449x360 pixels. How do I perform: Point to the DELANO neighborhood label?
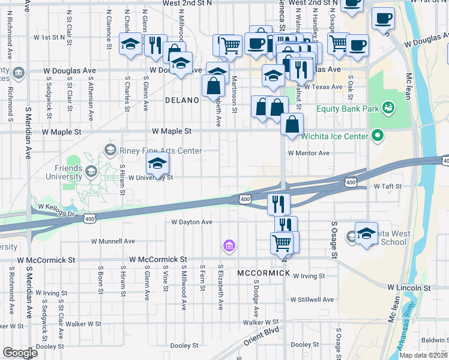182,100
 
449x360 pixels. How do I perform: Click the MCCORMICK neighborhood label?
264,273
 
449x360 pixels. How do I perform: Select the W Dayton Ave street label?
192,222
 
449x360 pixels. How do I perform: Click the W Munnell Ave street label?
113,241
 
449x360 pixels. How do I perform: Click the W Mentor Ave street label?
309,153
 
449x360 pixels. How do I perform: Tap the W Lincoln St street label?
409,288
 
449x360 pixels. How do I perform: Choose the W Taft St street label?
387,187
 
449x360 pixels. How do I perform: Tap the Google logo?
20,353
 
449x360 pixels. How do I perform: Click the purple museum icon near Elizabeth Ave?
229,245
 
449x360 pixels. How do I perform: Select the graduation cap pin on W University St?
157,163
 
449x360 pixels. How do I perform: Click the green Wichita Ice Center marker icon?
378,136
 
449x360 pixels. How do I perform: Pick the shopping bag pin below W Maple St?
292,126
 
